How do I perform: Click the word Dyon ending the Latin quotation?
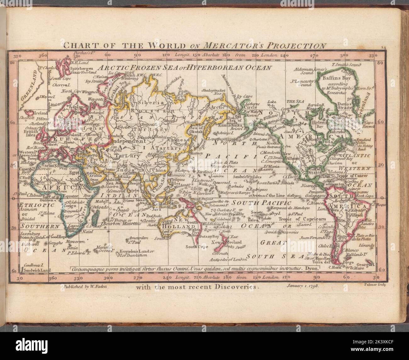click(312, 269)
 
